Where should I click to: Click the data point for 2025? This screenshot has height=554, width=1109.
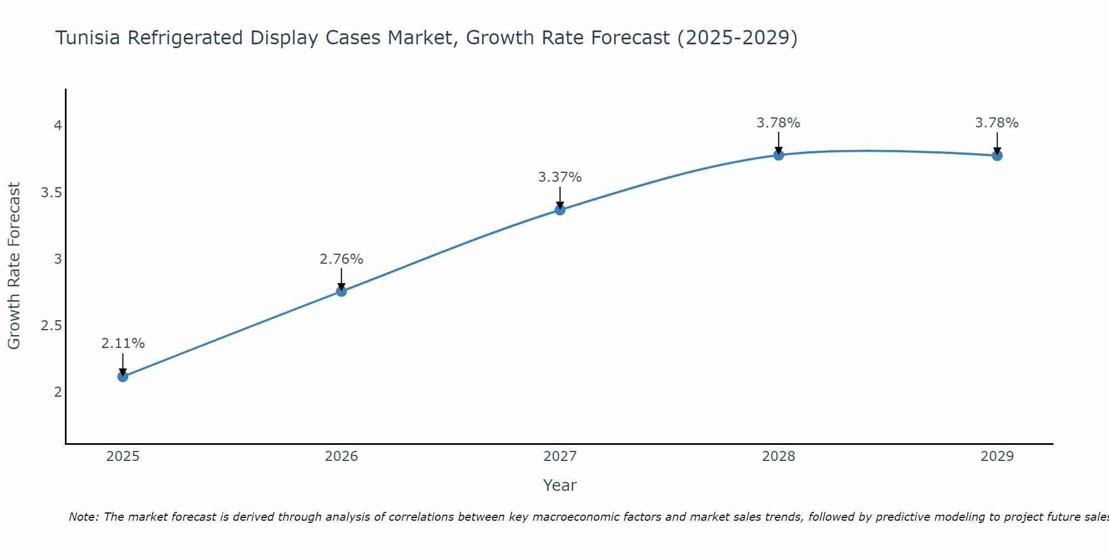coord(123,377)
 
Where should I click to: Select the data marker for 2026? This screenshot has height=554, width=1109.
coord(342,291)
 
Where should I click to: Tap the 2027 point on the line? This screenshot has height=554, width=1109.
coord(560,210)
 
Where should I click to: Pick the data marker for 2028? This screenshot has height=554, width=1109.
coord(779,155)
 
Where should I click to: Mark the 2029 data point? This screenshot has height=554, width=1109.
coord(997,156)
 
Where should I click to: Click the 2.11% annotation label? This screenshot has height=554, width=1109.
coord(123,343)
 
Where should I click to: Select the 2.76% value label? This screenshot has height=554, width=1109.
coord(342,259)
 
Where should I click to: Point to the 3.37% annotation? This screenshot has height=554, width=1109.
coord(560,177)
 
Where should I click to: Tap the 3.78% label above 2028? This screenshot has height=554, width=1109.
coord(779,123)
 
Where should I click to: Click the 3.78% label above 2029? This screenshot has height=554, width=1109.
coord(997,123)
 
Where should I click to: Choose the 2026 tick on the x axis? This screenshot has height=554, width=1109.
coord(342,456)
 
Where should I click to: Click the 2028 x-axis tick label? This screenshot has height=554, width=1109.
coord(779,456)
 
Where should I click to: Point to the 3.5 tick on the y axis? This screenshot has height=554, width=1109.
coord(51,193)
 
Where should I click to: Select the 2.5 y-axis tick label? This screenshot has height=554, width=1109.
coord(51,326)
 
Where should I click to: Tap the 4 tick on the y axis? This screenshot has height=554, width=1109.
coord(57,126)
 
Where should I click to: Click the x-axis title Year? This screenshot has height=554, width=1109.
coord(560,485)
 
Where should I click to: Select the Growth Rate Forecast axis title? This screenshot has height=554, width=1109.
coord(14,266)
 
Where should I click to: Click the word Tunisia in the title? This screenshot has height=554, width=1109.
coord(88,38)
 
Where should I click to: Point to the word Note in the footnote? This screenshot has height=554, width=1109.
coord(83,517)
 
